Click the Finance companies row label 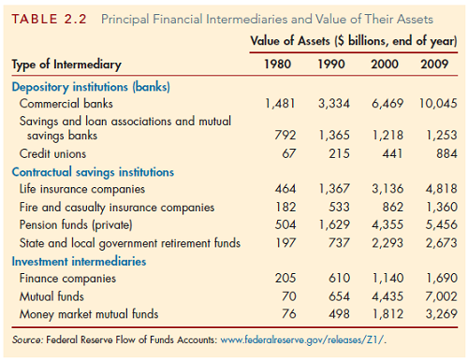63,279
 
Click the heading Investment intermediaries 79,261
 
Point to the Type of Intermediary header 66,65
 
